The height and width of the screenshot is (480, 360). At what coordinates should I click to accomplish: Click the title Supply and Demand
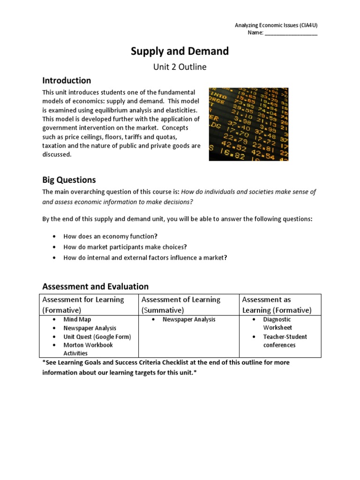click(180, 51)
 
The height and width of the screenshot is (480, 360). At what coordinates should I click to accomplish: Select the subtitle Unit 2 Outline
click(180, 67)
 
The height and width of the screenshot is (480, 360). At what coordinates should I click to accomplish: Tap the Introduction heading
click(67, 80)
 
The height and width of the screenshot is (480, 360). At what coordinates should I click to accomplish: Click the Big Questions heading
click(69, 180)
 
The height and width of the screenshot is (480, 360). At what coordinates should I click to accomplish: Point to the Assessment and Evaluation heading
click(95, 286)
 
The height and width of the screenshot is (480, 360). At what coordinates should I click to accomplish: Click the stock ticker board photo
click(248, 124)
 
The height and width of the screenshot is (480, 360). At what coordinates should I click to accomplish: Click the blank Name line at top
click(291, 34)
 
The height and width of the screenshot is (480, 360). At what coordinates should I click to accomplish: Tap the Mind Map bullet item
click(77, 320)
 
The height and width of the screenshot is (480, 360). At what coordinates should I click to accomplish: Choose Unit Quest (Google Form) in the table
click(97, 337)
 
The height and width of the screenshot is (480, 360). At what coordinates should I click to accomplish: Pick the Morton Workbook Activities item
click(88, 349)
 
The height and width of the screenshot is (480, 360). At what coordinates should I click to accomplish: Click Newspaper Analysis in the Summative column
click(189, 320)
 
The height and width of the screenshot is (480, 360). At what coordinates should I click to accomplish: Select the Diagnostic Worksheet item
click(277, 323)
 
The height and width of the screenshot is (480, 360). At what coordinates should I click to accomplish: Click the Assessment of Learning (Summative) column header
click(181, 305)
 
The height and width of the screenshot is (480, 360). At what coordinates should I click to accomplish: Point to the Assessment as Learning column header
click(277, 305)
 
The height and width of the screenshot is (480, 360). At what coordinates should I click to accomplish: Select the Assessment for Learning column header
click(83, 305)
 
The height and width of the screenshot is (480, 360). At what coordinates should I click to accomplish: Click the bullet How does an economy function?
click(111, 236)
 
